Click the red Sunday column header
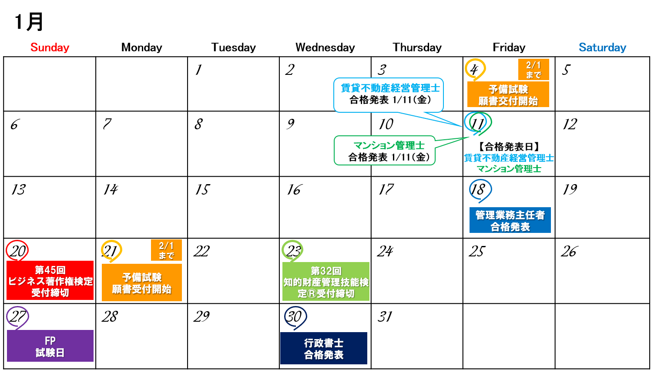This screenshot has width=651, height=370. pos(50,47)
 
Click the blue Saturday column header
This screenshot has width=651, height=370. pos(602,47)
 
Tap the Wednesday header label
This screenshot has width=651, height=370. pos(325,47)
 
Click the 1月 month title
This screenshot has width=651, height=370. pos(29,22)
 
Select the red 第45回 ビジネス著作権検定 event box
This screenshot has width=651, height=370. pos(50,281)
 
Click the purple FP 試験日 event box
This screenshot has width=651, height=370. pos(50,346)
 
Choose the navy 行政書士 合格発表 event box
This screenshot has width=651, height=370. pos(324,348)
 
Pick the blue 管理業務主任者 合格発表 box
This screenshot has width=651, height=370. pos(510,220)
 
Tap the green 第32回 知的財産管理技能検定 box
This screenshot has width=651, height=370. pos(326,282)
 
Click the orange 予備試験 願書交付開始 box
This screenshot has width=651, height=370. pos(508,94)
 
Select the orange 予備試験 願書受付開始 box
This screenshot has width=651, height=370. pos(141,283)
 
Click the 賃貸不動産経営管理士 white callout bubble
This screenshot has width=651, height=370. pos(389,94)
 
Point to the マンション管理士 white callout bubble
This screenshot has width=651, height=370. pos(385,151)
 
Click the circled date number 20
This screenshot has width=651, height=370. pos(17,251)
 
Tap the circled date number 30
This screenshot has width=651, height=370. pos(295,316)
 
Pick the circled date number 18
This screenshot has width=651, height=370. pos(479,190)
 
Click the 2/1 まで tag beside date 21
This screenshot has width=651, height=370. pos(166,250)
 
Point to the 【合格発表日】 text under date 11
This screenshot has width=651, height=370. pos(508,147)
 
